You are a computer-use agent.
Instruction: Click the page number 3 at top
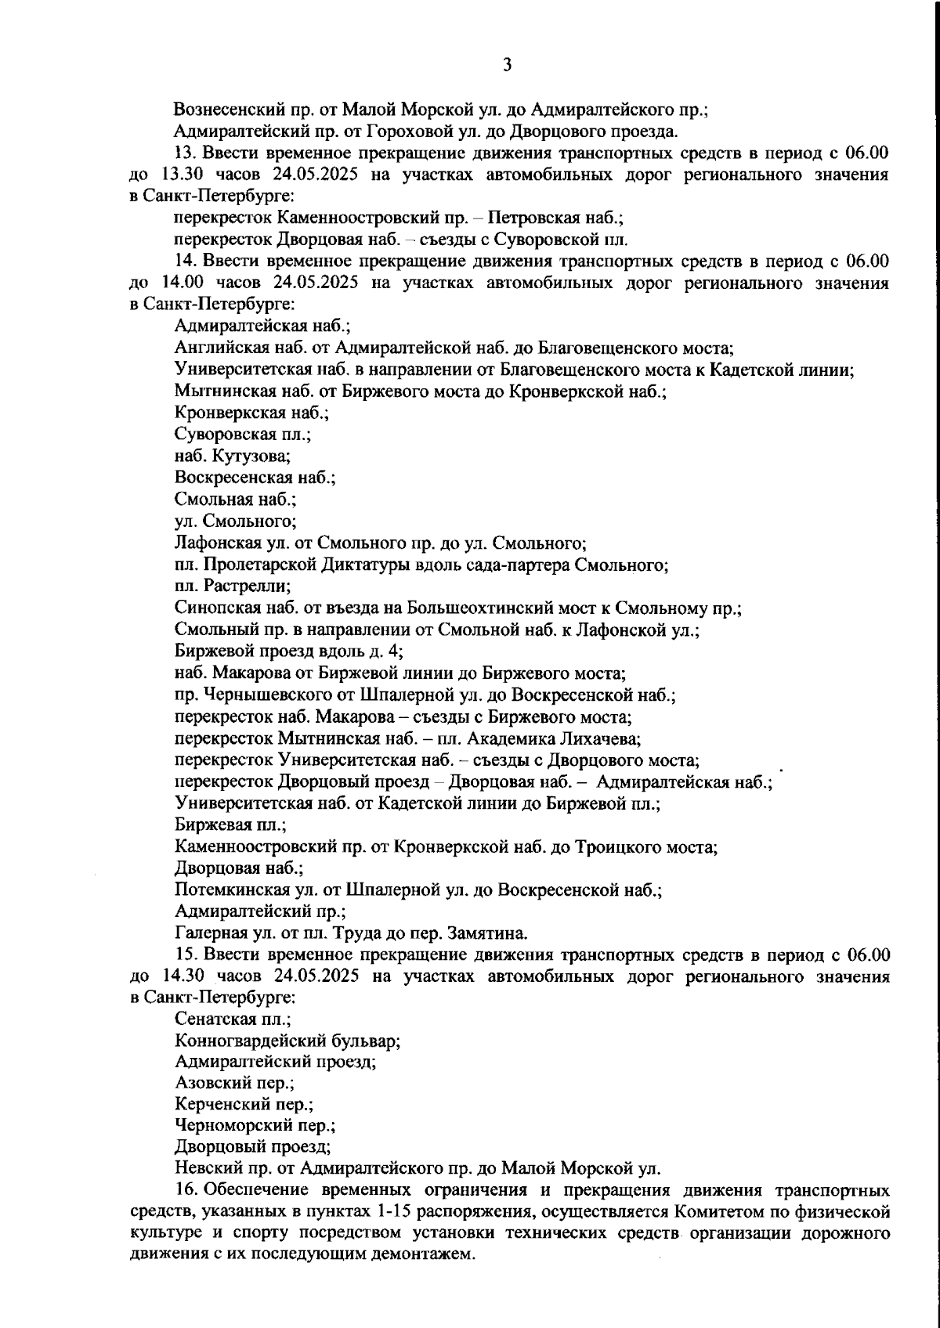pos(507,65)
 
